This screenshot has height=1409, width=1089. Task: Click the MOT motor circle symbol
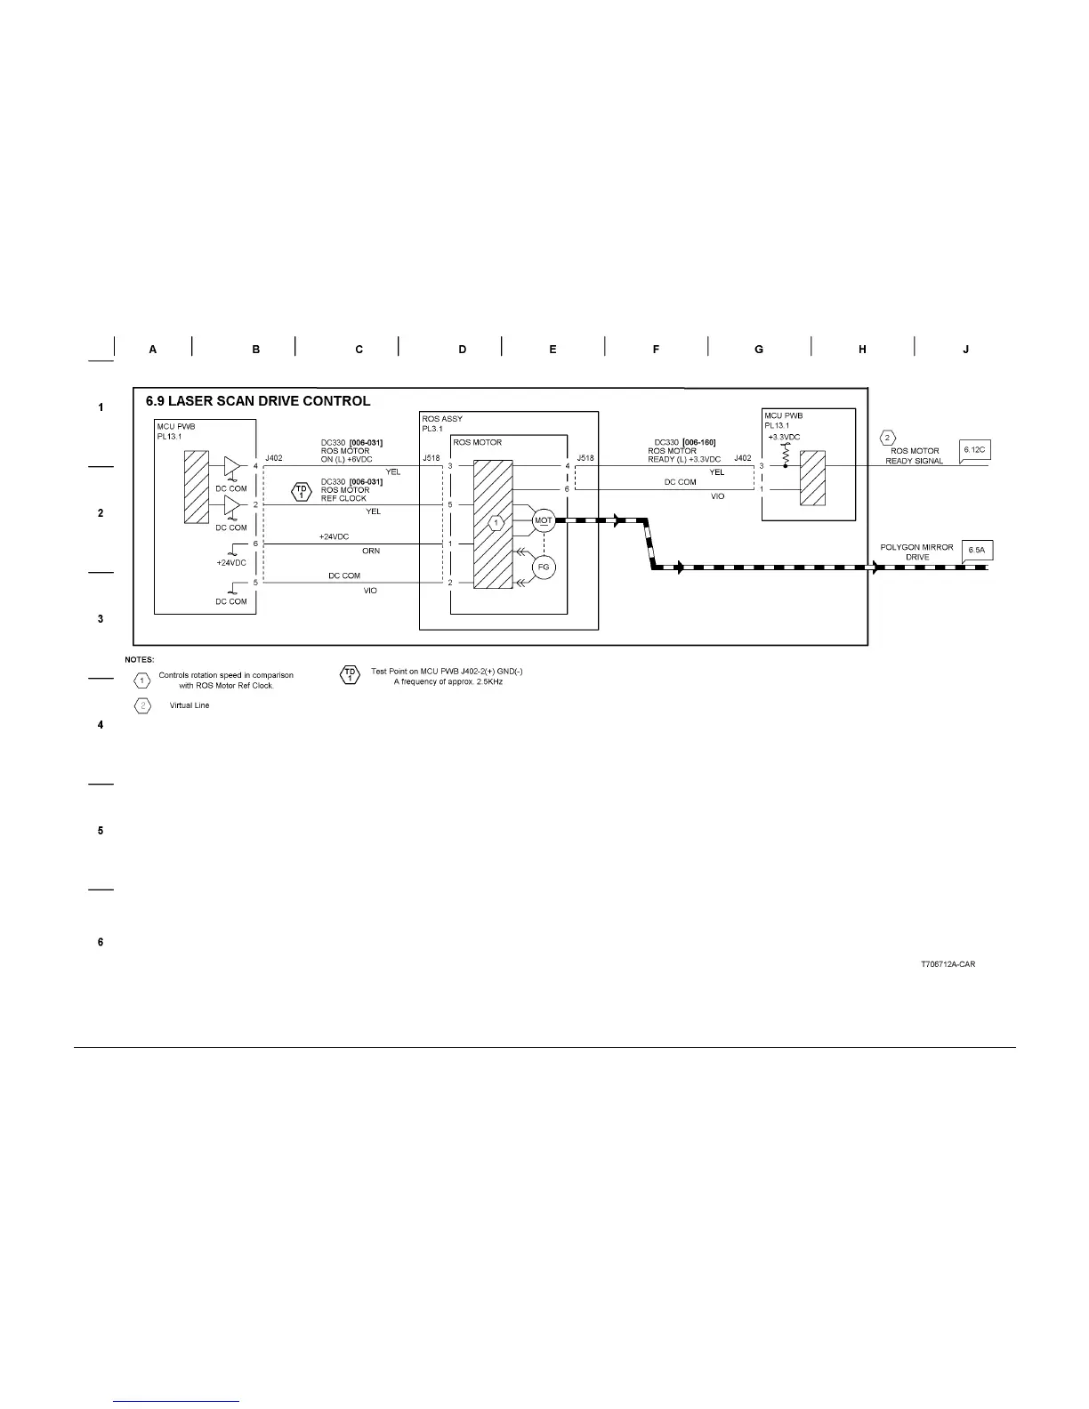click(543, 521)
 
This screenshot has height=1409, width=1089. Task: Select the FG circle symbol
click(543, 567)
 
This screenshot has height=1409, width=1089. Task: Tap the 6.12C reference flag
click(975, 451)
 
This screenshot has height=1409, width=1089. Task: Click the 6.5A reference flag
click(977, 551)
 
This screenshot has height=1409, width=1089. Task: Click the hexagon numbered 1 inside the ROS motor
click(497, 521)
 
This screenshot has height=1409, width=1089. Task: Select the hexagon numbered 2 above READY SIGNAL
click(886, 438)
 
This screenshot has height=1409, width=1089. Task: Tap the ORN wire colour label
click(371, 552)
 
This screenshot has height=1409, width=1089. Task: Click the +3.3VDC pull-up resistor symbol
click(785, 453)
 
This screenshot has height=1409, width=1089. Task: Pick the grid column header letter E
click(553, 350)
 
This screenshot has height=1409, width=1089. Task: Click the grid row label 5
click(101, 831)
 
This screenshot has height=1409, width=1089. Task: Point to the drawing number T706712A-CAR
click(948, 964)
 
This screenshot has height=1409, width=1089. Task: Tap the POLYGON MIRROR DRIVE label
click(916, 552)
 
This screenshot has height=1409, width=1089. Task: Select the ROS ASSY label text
click(442, 419)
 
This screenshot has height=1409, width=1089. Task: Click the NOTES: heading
click(140, 659)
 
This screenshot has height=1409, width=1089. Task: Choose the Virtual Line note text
click(190, 705)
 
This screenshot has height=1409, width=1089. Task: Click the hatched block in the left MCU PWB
click(196, 487)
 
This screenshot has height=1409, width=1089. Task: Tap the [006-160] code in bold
click(698, 442)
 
